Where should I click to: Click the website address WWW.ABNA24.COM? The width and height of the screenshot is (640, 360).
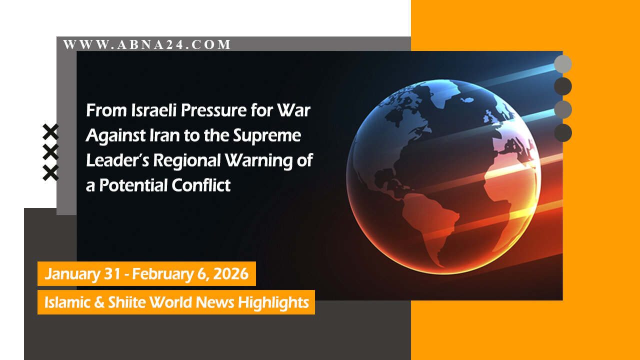tap(147, 44)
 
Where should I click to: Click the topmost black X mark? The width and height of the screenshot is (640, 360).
tap(50, 132)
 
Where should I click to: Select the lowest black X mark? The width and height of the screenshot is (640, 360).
tap(50, 172)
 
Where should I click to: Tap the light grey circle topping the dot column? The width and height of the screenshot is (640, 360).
tap(563, 64)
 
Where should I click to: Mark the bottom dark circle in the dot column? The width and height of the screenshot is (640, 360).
tap(563, 133)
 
